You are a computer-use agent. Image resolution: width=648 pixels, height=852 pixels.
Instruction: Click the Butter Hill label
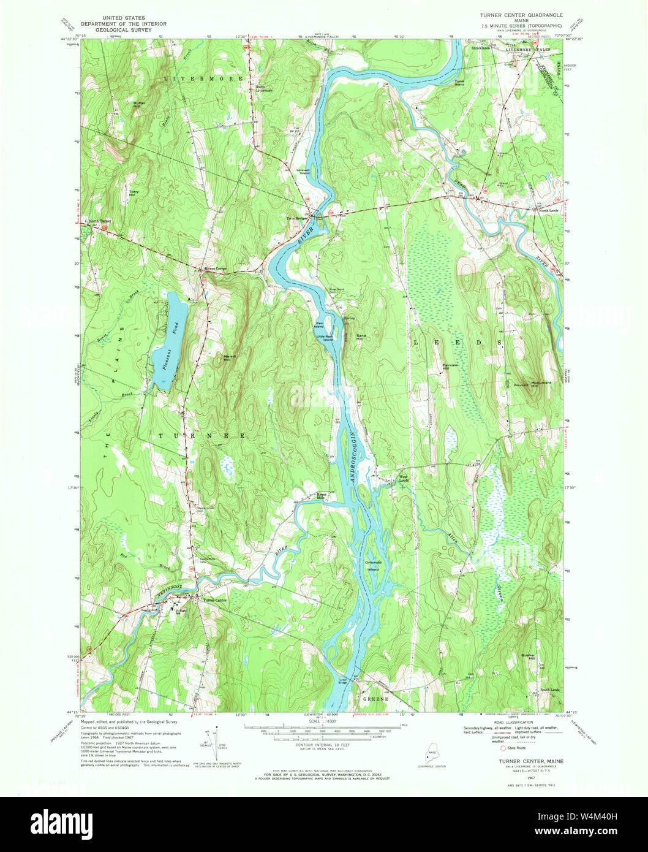(140, 104)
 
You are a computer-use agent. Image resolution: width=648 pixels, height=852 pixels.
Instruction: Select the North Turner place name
(100, 221)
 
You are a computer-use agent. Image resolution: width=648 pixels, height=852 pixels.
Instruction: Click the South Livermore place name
(264, 88)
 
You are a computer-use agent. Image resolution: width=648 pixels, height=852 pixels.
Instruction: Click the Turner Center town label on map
(215, 600)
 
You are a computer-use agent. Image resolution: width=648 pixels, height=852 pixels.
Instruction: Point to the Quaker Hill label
(528, 656)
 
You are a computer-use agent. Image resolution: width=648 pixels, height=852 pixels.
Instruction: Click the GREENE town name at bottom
(375, 699)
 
